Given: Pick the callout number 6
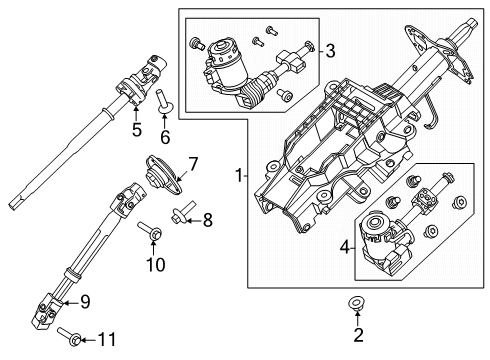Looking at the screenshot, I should tap(166, 135).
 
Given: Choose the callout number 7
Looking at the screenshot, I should tap(194, 161).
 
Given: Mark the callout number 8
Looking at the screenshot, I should tap(207, 219).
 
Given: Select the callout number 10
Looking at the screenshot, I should tap(156, 263).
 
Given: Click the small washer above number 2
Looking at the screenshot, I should tap(356, 303).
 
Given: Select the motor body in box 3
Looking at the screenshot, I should tap(228, 68).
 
